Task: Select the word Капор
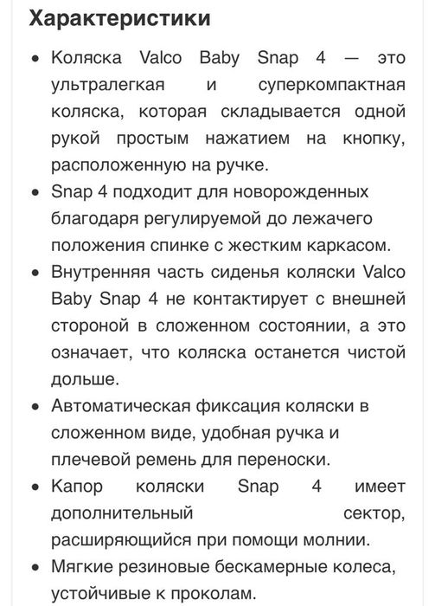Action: click(78, 489)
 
